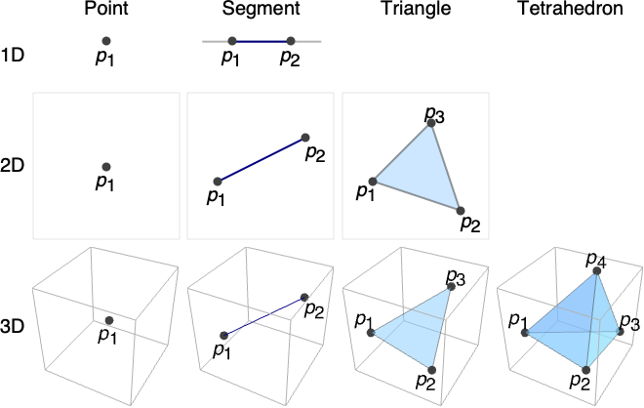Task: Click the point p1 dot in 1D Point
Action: (105, 41)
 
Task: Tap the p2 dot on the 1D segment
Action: (290, 41)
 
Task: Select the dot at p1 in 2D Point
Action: (105, 167)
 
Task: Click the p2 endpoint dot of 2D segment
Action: (305, 138)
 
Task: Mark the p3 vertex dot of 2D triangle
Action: (431, 124)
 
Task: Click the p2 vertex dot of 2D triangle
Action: (459, 210)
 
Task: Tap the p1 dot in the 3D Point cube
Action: (109, 320)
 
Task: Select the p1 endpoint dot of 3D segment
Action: (224, 335)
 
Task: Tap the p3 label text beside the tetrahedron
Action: (629, 322)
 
